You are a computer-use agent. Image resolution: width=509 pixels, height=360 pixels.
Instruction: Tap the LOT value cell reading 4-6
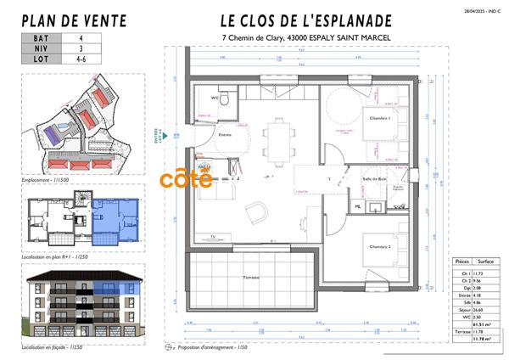81,60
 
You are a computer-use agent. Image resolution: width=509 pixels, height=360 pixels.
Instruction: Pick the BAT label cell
40,38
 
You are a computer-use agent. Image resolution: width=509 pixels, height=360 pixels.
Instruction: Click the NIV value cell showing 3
81,49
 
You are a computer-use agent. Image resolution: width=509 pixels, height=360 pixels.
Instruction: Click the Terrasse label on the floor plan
249,277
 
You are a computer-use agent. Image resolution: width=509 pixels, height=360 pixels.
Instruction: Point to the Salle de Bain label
373,178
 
